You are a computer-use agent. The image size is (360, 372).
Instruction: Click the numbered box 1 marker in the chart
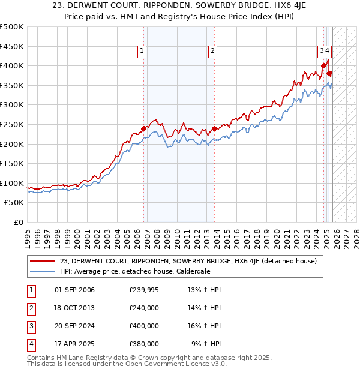142,52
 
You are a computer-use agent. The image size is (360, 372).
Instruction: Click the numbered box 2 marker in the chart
213,52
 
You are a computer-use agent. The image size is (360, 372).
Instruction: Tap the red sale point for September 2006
144,128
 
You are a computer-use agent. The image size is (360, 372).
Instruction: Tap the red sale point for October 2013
214,128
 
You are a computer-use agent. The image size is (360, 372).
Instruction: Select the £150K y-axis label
12,163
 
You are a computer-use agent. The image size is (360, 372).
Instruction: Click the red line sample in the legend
43,261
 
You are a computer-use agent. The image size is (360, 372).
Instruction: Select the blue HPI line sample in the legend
43,271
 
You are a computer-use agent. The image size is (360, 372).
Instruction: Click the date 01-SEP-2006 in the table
74,290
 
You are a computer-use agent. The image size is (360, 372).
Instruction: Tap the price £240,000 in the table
144,308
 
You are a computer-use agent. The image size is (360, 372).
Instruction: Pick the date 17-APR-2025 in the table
74,344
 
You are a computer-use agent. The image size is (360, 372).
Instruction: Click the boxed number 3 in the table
30,326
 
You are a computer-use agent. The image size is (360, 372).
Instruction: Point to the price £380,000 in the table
144,344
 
